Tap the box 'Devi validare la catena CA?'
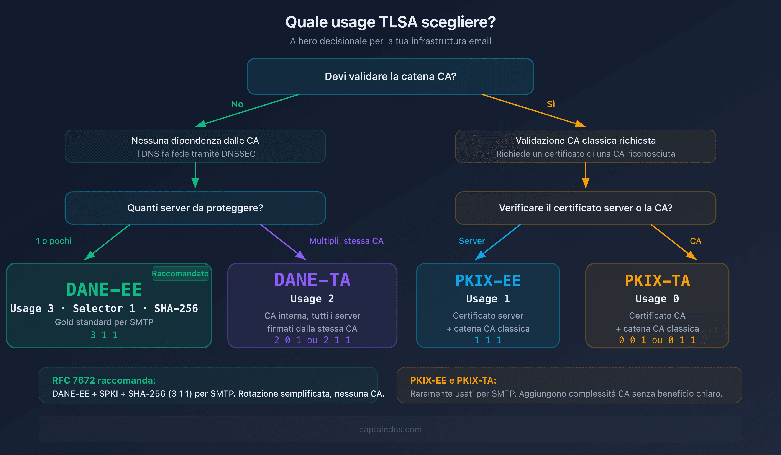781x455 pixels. [390, 76]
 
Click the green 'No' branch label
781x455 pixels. [237, 104]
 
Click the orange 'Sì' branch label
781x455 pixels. [551, 104]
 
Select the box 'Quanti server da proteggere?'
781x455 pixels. [195, 208]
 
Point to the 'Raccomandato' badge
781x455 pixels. [180, 274]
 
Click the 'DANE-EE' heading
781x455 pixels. [104, 290]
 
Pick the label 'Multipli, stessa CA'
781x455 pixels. [346, 241]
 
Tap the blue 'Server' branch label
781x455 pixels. [472, 241]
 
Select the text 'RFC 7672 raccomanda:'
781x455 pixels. [104, 380]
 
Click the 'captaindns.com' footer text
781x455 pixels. [390, 429]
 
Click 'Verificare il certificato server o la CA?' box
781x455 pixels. [586, 208]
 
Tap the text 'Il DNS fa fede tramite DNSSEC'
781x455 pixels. [195, 154]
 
